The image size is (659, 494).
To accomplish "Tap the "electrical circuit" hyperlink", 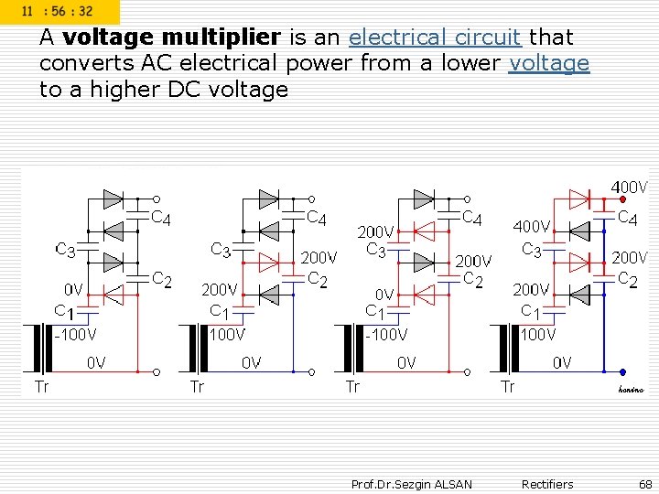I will (x=435, y=38).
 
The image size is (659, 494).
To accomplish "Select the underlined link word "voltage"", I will (x=549, y=63).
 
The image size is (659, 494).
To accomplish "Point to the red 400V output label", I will (x=629, y=188).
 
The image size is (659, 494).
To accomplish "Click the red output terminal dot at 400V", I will (x=622, y=199).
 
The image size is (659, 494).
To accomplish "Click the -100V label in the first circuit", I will (x=75, y=334).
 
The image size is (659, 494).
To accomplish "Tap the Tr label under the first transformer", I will (x=42, y=386).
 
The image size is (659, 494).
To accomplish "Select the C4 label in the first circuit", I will (x=160, y=218).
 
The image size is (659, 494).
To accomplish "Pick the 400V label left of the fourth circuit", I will (x=532, y=225).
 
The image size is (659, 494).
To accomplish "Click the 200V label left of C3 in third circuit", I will (x=375, y=232).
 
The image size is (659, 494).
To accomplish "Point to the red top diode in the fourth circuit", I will (x=578, y=198).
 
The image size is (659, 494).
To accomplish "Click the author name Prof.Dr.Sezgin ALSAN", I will (x=411, y=484).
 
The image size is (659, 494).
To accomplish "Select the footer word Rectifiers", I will (x=546, y=484).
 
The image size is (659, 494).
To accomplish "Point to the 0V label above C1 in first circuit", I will (x=74, y=290).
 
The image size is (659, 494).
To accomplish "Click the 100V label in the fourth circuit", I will (x=538, y=334).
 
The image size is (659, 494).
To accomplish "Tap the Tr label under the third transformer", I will (x=352, y=386).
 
